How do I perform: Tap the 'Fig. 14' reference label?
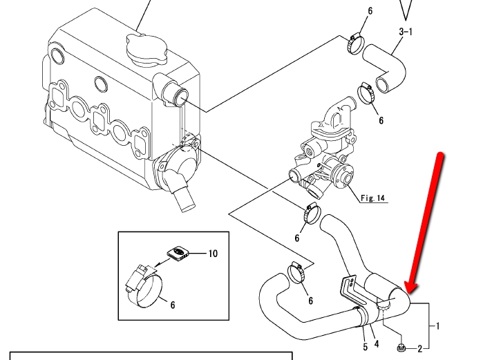372,198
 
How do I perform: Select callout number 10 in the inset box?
213,254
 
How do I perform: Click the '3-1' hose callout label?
406,32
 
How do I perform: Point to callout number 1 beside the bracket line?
437,326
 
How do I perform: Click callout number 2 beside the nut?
420,348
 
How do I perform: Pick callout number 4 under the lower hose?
376,344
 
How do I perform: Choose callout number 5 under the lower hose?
366,347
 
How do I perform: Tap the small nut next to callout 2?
401,347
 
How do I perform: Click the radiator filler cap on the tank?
146,50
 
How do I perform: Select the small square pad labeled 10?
178,254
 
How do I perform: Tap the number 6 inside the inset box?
173,305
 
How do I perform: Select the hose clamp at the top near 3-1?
355,44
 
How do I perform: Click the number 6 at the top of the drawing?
370,11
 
